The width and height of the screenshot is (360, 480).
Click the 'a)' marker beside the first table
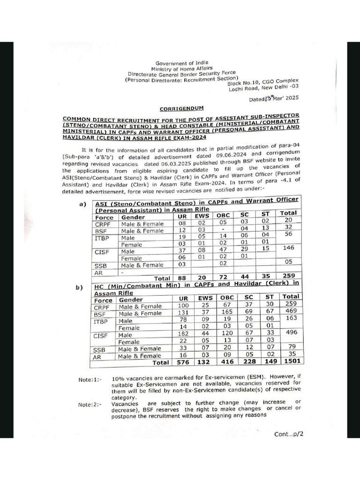pyautogui.click(x=83, y=204)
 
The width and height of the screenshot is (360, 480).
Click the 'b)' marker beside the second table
pyautogui.click(x=79, y=287)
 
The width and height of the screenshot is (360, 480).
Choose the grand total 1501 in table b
pyautogui.click(x=291, y=362)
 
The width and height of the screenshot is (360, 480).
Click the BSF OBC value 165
pyautogui.click(x=226, y=313)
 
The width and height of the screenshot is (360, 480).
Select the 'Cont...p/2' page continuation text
pyautogui.click(x=289, y=434)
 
